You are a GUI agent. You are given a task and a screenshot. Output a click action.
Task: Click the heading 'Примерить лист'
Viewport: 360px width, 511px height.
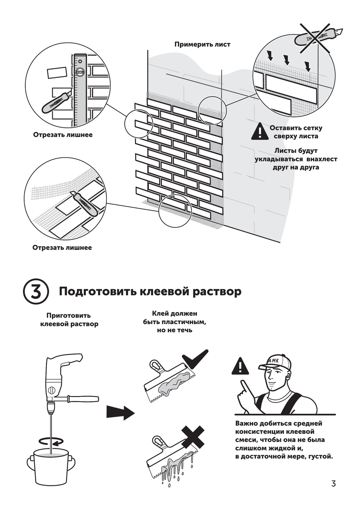(x=202, y=44)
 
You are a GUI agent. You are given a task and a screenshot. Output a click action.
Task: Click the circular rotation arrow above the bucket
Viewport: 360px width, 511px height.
(x=50, y=440)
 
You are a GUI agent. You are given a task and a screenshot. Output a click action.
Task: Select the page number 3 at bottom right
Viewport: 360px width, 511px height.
(x=333, y=484)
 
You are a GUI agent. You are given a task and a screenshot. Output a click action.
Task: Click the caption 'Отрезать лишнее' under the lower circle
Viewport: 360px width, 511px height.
(x=62, y=247)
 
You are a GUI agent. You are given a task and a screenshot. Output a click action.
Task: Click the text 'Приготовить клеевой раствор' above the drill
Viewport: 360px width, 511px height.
(x=69, y=320)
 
